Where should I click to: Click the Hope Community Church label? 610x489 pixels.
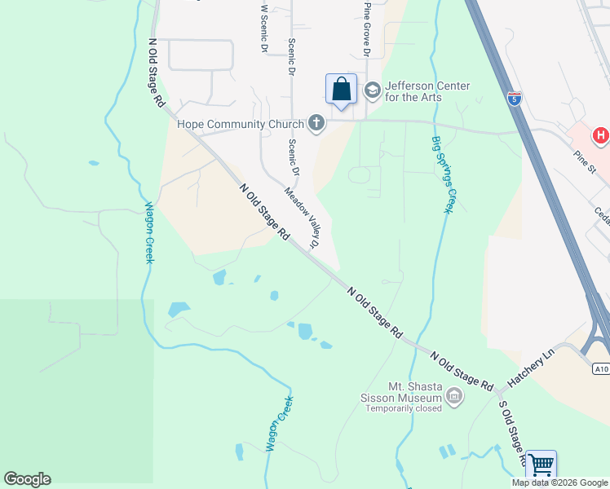coord(241,125)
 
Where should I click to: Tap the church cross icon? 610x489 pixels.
coord(316,124)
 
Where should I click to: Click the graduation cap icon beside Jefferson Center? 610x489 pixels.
coord(373,90)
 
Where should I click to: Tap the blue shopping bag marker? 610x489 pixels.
coord(342,90)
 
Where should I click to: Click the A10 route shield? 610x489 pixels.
coord(601,369)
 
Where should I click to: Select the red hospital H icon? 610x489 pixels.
coord(601,135)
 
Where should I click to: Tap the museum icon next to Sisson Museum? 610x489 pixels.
coord(454,398)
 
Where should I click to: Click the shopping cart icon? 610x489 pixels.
coord(541,465)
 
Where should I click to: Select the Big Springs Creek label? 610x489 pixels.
coord(441,173)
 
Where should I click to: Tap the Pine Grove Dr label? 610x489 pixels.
coord(367,29)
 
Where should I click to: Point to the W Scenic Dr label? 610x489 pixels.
coord(263,29)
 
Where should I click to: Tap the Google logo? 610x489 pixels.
coord(28,479)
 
